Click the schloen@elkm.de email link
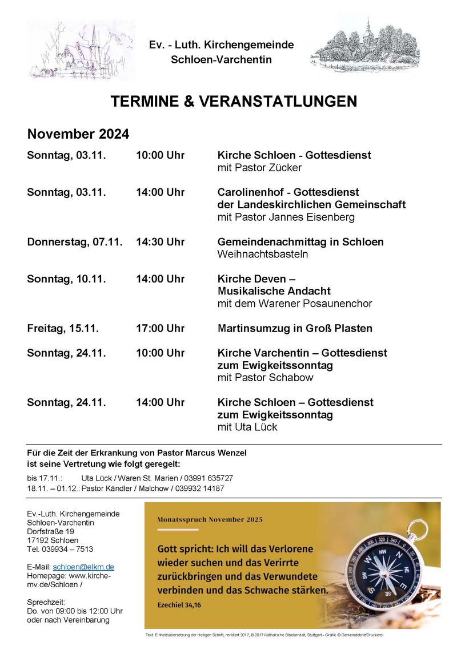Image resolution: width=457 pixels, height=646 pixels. pyautogui.click(x=83, y=567)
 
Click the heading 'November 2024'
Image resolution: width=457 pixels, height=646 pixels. pyautogui.click(x=78, y=135)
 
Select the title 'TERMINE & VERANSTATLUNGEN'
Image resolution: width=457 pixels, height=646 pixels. pyautogui.click(x=234, y=102)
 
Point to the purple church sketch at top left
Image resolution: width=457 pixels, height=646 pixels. pyautogui.click(x=81, y=51)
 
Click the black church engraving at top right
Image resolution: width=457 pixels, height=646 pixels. pyautogui.click(x=365, y=45)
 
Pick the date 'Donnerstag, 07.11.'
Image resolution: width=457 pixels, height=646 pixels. pyautogui.click(x=75, y=242)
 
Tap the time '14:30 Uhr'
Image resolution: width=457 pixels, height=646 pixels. pyautogui.click(x=160, y=242)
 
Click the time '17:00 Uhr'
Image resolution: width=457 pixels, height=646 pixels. pyautogui.click(x=160, y=328)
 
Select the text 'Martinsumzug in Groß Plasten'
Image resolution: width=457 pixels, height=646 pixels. pyautogui.click(x=295, y=328)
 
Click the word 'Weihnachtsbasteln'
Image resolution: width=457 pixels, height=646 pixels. pyautogui.click(x=263, y=254)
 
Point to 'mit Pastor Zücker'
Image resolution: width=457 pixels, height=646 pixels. pyautogui.click(x=259, y=168)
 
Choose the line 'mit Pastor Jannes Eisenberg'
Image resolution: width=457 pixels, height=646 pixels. pyautogui.click(x=286, y=217)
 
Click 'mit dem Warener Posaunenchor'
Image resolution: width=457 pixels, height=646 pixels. pyautogui.click(x=295, y=304)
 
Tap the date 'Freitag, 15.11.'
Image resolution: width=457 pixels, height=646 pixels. pyautogui.click(x=63, y=328)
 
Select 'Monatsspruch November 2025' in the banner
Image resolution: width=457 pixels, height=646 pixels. pyautogui.click(x=210, y=519)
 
